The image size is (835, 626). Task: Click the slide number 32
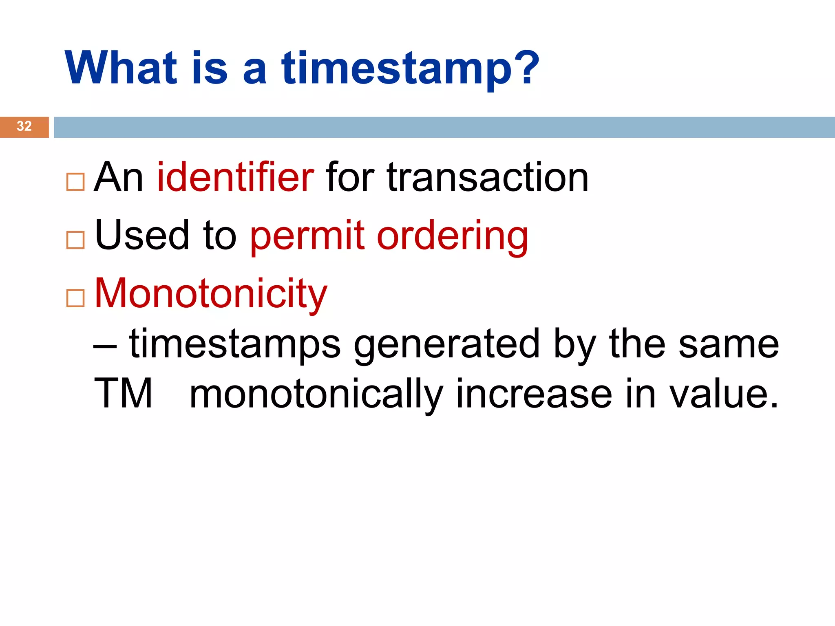(24, 126)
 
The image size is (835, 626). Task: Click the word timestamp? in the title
(410, 68)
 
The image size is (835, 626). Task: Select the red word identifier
(235, 177)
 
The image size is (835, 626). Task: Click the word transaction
(488, 177)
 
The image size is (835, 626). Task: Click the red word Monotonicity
(211, 293)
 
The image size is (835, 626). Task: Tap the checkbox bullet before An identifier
(75, 182)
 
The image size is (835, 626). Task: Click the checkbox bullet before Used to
(75, 240)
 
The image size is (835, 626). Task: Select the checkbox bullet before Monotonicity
(75, 298)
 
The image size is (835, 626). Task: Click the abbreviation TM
(123, 394)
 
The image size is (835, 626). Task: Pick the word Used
(142, 236)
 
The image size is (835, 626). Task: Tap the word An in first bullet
(118, 177)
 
